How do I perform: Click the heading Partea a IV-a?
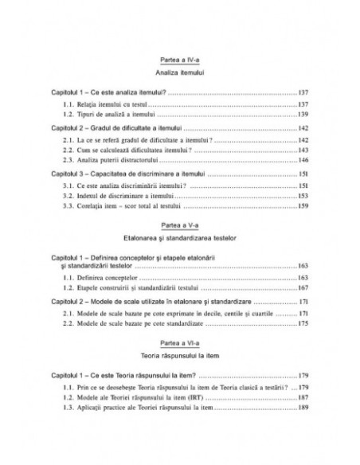(181, 60)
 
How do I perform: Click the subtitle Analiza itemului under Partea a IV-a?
(181, 72)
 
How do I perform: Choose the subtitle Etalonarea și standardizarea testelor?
(181, 238)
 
